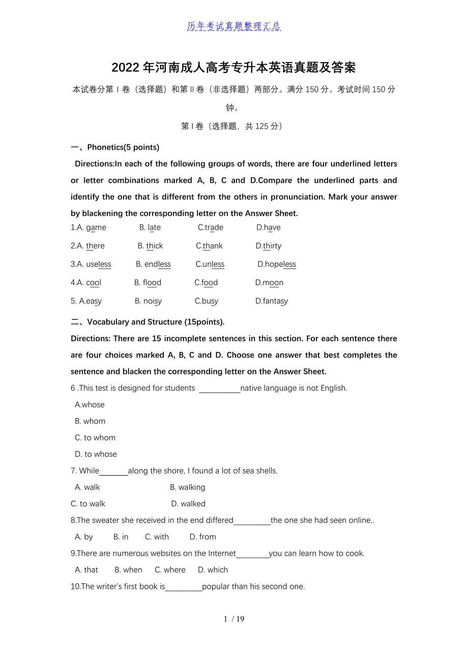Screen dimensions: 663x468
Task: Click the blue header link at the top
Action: pyautogui.click(x=233, y=26)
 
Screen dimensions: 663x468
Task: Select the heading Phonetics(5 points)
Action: pyautogui.click(x=123, y=147)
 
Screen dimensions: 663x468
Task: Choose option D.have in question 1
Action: pyautogui.click(x=269, y=228)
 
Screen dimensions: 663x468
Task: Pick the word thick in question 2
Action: pyautogui.click(x=155, y=246)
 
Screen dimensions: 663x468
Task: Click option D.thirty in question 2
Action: pyautogui.click(x=269, y=246)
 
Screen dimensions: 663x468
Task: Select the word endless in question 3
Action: pyautogui.click(x=158, y=264)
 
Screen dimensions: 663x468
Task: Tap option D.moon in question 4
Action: pyautogui.click(x=270, y=283)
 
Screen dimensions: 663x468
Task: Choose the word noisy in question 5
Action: pyautogui.click(x=153, y=301)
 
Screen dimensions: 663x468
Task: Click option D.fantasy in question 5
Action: pyautogui.click(x=272, y=301)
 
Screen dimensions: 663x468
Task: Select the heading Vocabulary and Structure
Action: pyautogui.click(x=156, y=322)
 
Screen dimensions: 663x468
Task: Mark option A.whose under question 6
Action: pyautogui.click(x=90, y=405)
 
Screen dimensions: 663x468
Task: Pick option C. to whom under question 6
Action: pyautogui.click(x=95, y=438)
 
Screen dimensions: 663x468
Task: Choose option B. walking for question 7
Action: pyautogui.click(x=188, y=487)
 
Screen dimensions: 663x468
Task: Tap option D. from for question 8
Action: pyautogui.click(x=203, y=537)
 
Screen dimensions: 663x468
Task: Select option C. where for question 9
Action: pyautogui.click(x=170, y=570)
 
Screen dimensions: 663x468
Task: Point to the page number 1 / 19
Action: pyautogui.click(x=234, y=619)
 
